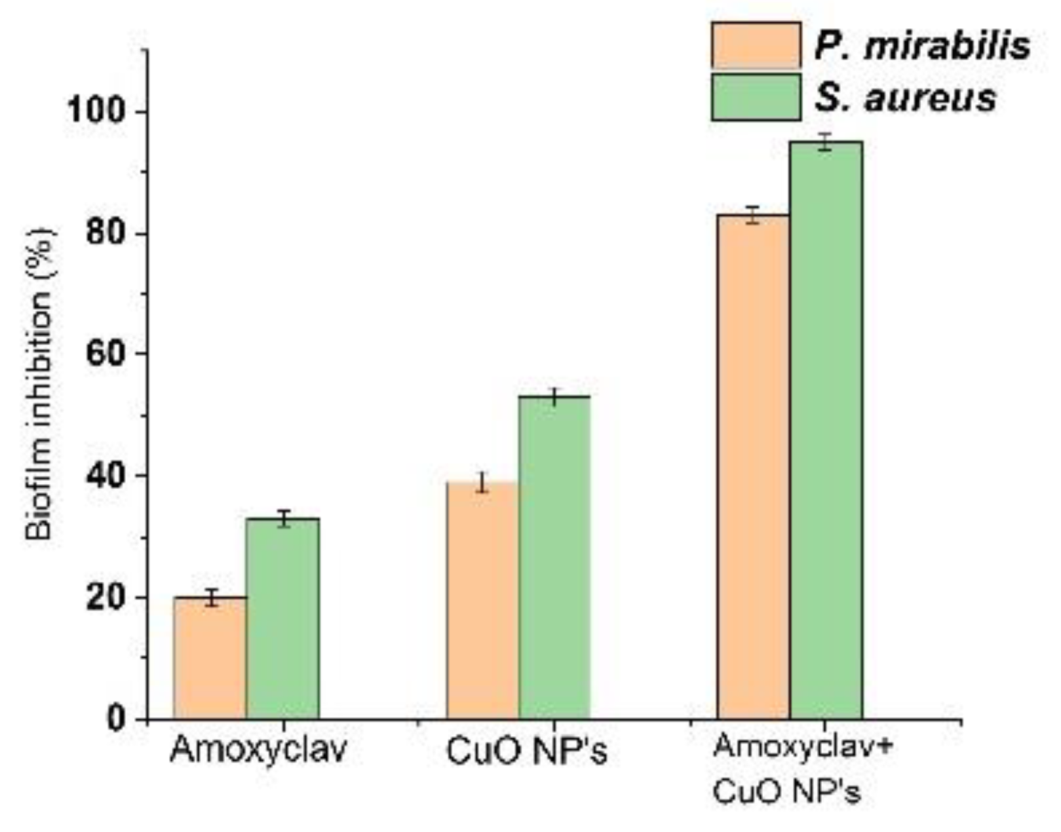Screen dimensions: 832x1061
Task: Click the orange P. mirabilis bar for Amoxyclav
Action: tap(210, 658)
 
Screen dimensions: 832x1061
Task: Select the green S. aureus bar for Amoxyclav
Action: tap(282, 619)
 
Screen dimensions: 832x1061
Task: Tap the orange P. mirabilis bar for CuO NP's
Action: tap(482, 601)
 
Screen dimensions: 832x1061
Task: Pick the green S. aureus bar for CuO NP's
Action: tap(554, 558)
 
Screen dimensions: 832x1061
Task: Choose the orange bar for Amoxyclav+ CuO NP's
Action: tap(753, 466)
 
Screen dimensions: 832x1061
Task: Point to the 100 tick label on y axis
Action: tap(96, 112)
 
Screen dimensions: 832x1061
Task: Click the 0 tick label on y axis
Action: tap(115, 719)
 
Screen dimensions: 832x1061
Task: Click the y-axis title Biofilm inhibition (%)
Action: tap(39, 383)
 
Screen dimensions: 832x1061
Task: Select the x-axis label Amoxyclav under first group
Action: tap(258, 751)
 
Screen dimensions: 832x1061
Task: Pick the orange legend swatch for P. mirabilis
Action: tap(756, 45)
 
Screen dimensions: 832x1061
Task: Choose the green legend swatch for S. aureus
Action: tap(756, 98)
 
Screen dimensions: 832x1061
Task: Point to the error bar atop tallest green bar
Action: tap(826, 142)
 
